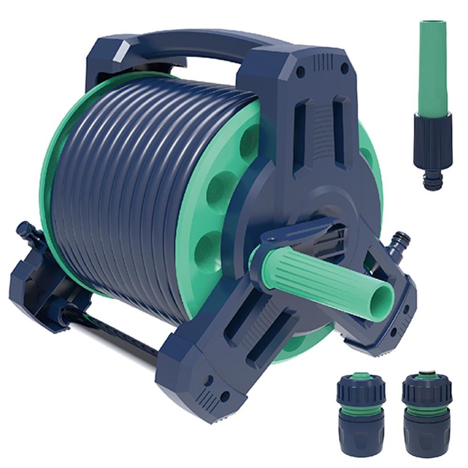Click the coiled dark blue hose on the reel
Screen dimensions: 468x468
[x=131, y=187]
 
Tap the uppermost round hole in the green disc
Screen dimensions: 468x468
[x=250, y=143]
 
